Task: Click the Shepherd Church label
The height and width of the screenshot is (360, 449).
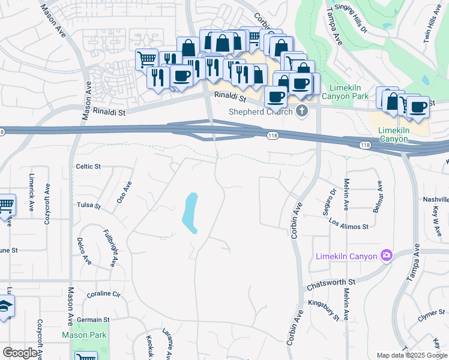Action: point(261,112)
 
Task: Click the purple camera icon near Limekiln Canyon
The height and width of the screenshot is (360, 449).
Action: point(387,256)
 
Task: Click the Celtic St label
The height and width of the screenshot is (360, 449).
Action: point(88,166)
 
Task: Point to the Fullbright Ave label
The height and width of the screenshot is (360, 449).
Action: point(109,247)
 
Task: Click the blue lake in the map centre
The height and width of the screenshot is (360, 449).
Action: point(190,213)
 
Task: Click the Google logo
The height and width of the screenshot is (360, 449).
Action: point(20,353)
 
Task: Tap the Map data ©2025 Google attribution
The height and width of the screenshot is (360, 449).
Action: point(411,355)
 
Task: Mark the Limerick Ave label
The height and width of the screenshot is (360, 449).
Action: point(31,192)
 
